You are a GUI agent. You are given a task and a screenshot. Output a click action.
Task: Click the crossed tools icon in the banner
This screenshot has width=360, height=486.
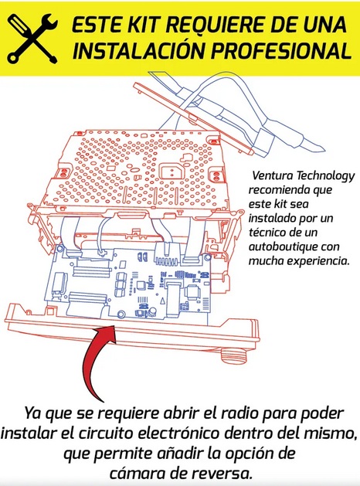32,38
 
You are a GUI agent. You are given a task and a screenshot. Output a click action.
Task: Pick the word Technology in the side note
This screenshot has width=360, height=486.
325,176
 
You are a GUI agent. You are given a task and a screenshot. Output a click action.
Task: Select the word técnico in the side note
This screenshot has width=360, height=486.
267,232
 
